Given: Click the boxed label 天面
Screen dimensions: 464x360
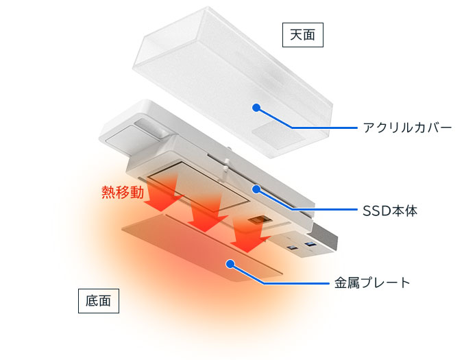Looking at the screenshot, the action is [303, 35].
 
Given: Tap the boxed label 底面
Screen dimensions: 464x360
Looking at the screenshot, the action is [99, 301].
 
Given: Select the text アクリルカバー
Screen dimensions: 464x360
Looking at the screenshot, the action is [408, 128].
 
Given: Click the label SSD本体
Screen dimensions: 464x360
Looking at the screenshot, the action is [390, 211].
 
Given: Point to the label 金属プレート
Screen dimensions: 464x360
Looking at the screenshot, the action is [372, 283].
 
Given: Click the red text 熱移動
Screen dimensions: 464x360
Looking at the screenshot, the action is [123, 193].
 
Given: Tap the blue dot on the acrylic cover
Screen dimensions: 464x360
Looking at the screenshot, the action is [256, 108].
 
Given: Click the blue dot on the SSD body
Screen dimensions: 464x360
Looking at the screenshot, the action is [256, 189].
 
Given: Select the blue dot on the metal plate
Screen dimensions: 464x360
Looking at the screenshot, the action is [230, 263].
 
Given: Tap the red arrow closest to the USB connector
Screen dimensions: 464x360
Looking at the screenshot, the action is [249, 235].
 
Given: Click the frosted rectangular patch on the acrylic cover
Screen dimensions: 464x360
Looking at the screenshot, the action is [278, 136].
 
